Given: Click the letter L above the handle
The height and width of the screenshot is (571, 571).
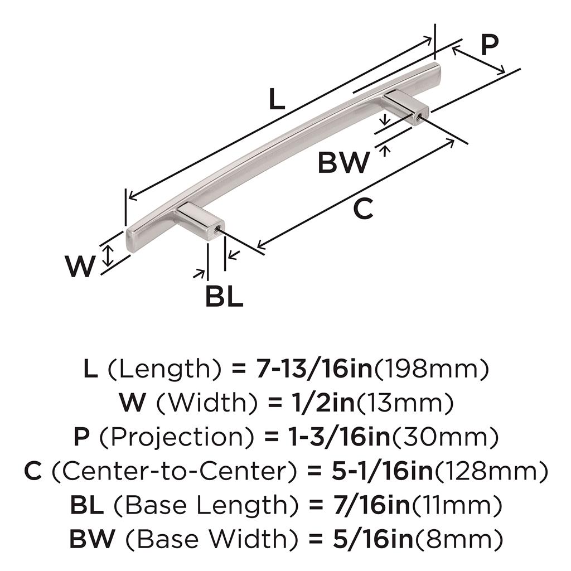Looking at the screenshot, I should [277, 99].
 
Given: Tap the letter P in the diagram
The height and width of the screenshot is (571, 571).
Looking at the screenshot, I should [488, 46].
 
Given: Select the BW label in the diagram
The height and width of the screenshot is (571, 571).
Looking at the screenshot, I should [343, 163].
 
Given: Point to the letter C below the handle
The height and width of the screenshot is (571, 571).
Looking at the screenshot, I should [363, 209].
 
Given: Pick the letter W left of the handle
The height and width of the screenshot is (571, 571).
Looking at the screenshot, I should [80, 267].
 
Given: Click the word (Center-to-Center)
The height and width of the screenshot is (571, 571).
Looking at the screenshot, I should [172, 471].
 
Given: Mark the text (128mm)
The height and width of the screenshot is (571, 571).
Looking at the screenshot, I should [491, 471].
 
